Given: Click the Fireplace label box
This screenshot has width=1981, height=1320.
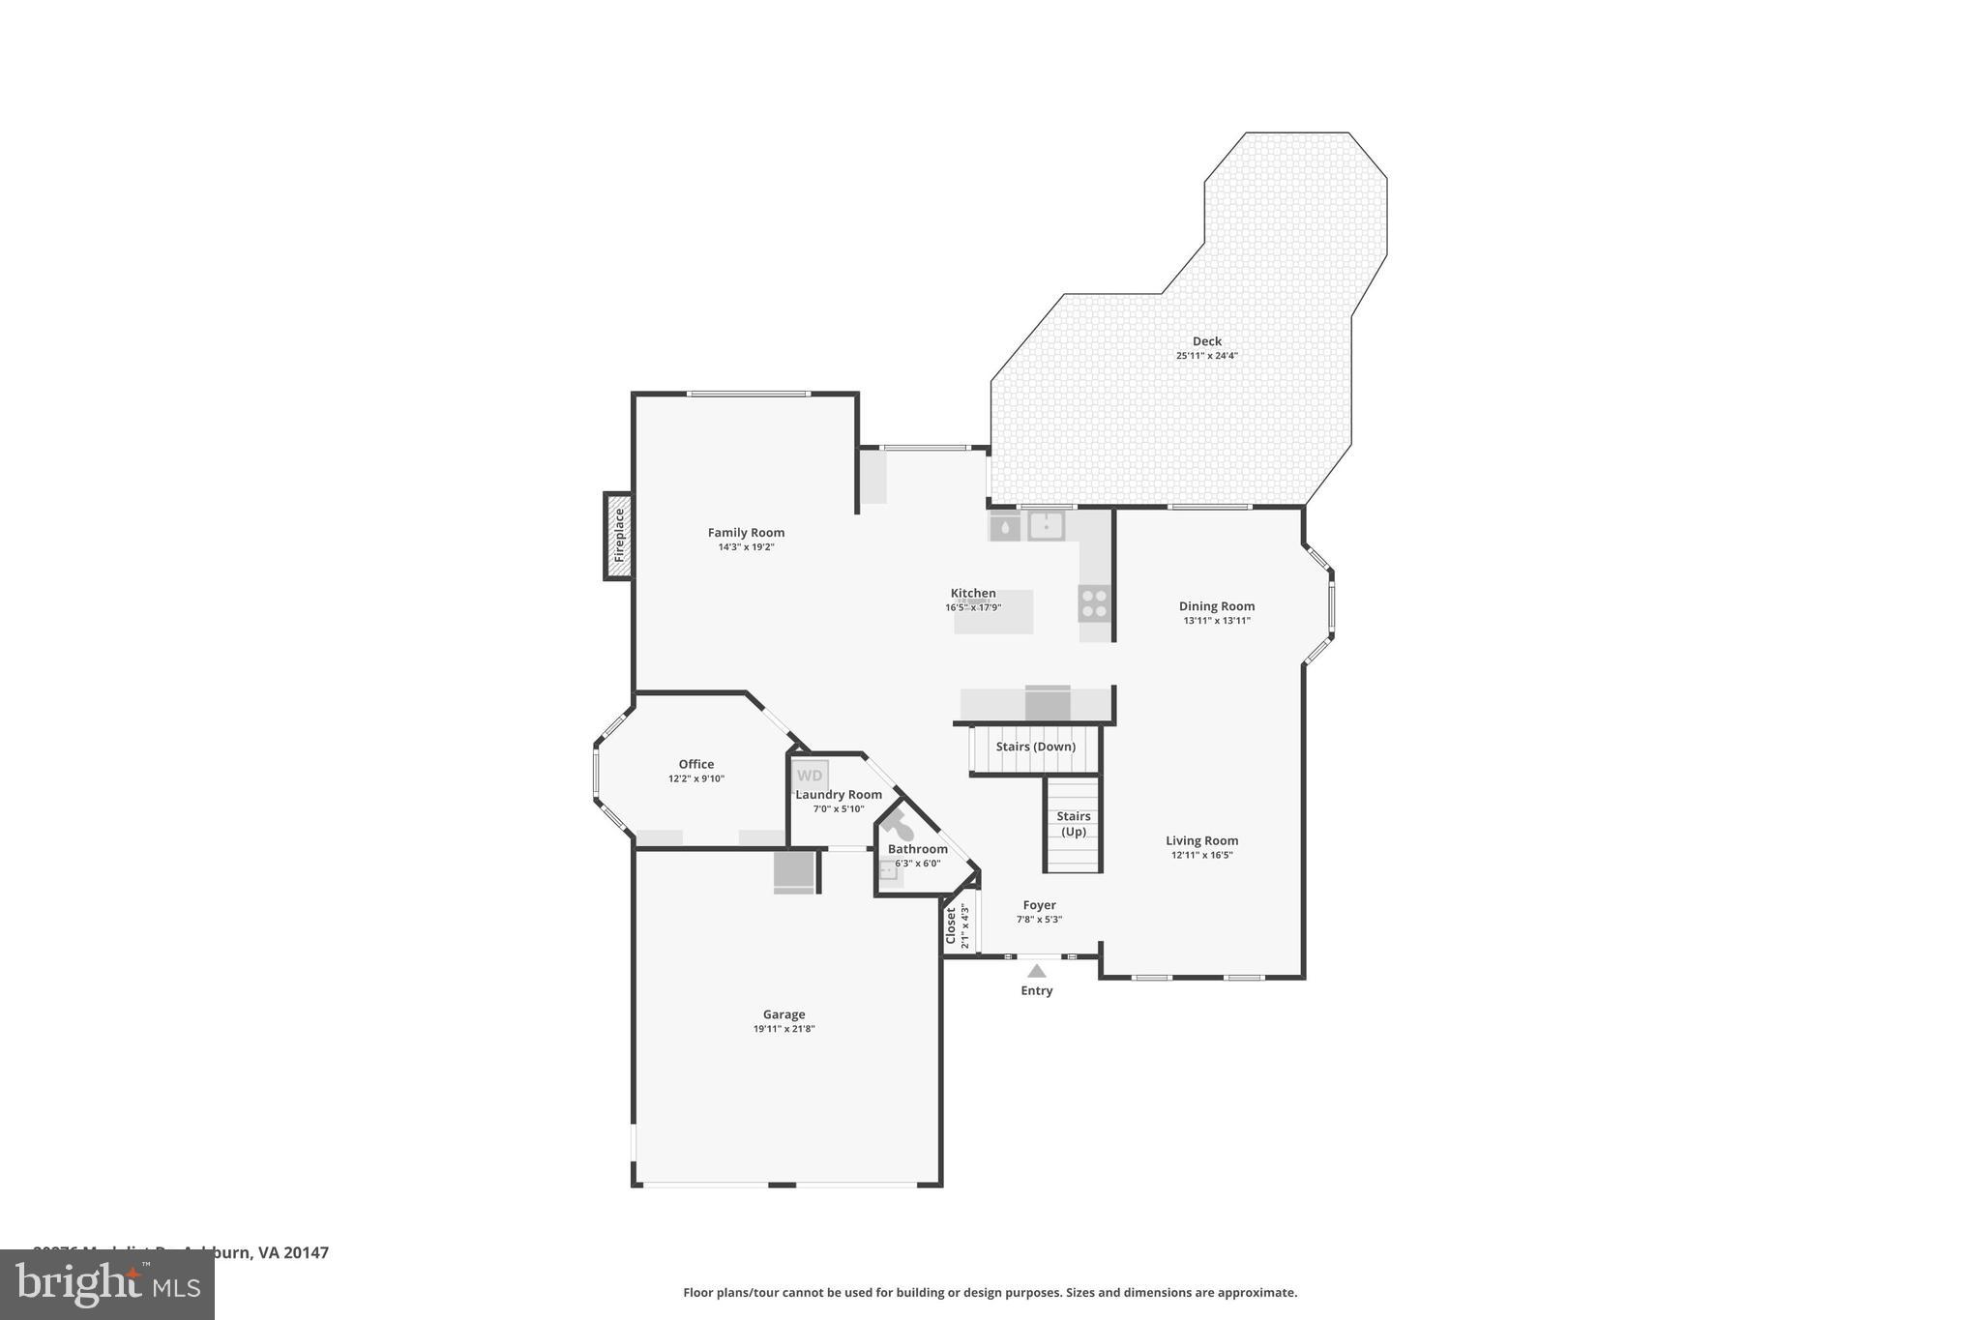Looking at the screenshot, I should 619,536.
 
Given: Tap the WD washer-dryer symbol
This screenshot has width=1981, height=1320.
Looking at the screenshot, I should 810,776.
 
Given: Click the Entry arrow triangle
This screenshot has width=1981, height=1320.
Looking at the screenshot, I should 1036,971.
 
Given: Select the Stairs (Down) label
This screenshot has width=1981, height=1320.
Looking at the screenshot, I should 1035,747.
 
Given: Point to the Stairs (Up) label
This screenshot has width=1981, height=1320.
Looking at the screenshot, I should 1073,824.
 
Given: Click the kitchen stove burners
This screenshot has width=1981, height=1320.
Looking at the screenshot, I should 1094,603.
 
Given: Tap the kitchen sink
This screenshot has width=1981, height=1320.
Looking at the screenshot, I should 1046,526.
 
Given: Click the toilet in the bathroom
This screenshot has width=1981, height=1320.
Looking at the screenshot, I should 899,826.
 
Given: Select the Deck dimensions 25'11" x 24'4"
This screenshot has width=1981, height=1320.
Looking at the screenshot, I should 1206,356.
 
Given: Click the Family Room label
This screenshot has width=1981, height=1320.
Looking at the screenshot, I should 746,533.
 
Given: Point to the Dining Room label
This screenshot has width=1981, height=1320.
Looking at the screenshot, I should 1216,606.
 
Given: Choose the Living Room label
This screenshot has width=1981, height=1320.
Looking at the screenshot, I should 1201,841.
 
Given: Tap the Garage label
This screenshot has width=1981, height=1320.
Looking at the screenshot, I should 784,1014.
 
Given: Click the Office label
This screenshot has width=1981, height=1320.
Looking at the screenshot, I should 695,764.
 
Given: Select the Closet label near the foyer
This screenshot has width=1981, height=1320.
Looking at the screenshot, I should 951,925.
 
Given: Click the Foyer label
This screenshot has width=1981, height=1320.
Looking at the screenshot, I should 1039,905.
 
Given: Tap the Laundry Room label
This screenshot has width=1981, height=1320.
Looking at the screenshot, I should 839,795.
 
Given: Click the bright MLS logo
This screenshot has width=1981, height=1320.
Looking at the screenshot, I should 106,1284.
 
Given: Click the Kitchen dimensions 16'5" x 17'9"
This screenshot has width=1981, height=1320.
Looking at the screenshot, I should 973,608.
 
